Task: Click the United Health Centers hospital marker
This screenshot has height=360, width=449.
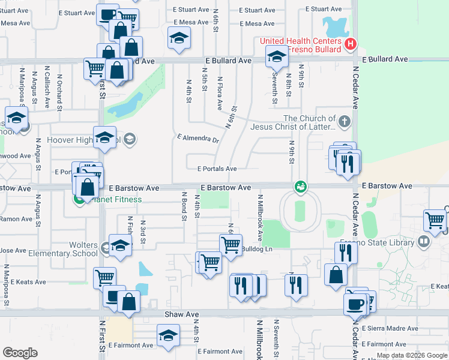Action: [352, 44]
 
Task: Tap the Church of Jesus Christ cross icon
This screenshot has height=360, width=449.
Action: [344, 122]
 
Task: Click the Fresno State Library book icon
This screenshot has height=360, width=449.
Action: [424, 241]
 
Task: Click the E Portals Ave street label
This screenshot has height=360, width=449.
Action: [216, 169]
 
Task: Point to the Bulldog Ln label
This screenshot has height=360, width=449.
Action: [256, 248]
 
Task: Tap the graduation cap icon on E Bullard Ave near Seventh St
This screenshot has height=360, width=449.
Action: [277, 57]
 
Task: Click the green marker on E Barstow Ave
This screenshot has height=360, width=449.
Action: [300, 188]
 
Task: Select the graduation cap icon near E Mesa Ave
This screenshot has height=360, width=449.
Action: [178, 38]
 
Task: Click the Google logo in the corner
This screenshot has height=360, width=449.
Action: [19, 353]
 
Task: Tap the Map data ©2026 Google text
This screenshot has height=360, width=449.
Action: [412, 355]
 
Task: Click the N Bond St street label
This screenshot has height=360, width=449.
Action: [184, 206]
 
